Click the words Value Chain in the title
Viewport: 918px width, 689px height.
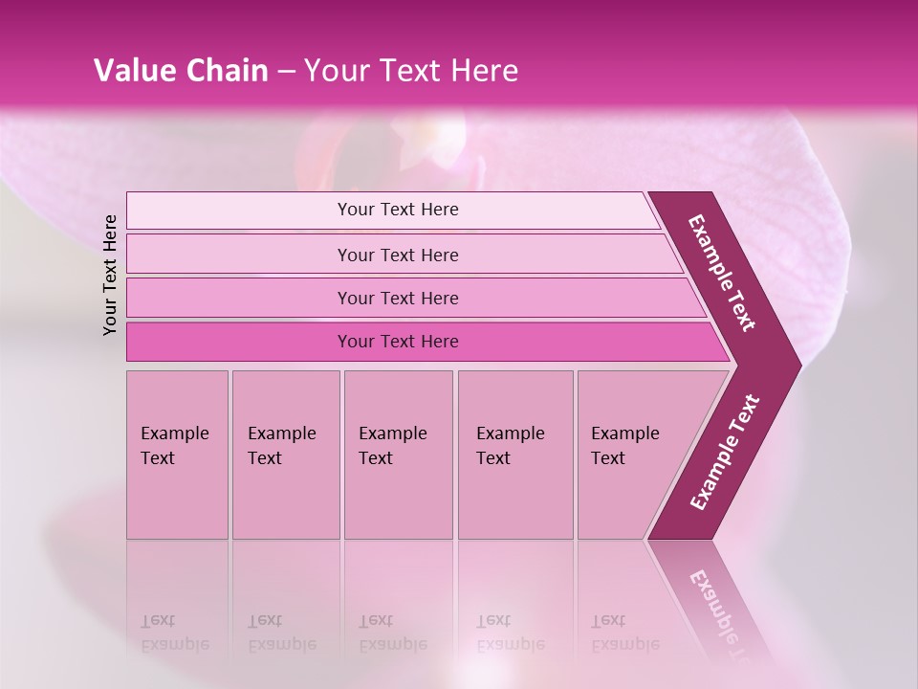pos(181,71)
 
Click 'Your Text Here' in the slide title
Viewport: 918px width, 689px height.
pos(411,71)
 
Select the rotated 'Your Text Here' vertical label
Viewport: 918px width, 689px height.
pos(111,275)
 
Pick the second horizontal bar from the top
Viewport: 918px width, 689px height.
pos(397,255)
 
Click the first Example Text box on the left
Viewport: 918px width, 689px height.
pos(177,455)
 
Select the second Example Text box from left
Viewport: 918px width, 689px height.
pos(285,455)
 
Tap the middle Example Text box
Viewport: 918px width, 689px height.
pos(398,455)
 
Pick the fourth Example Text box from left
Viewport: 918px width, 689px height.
pos(514,455)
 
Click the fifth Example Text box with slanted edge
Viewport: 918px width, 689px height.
pos(631,455)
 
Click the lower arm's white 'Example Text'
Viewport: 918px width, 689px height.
pos(724,452)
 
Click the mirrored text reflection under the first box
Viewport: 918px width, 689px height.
pos(174,633)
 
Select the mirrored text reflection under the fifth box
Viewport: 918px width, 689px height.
pos(624,633)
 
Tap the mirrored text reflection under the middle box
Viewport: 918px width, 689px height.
pos(392,633)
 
